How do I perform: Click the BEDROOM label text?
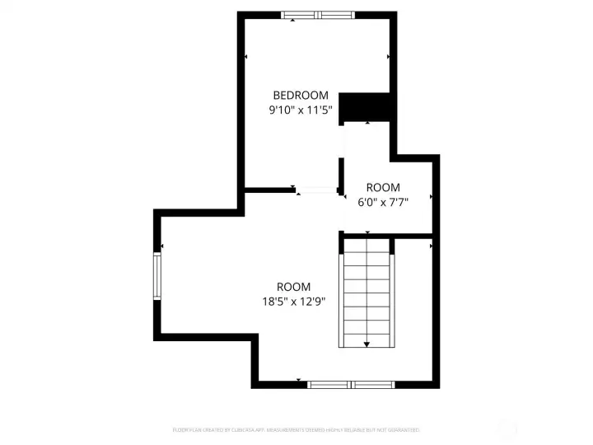[x=301, y=96]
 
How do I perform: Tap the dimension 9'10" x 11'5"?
[x=301, y=110]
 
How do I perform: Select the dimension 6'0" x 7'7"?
[x=383, y=200]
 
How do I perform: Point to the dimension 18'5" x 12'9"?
[x=293, y=301]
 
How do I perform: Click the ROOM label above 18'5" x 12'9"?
[x=293, y=287]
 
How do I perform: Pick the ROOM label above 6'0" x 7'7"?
[x=383, y=187]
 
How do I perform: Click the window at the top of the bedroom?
[x=319, y=15]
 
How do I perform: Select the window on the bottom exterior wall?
[x=351, y=384]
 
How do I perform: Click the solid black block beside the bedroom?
[x=365, y=107]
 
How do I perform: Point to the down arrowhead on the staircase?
[x=367, y=343]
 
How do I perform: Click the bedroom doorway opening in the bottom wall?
[x=317, y=191]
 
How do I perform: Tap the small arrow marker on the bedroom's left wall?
[x=246, y=57]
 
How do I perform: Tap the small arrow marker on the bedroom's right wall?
[x=389, y=57]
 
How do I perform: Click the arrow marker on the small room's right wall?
[x=432, y=198]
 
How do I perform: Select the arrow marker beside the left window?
[x=163, y=246]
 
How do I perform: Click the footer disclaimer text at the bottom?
[x=296, y=429]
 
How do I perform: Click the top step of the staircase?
[x=367, y=246]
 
